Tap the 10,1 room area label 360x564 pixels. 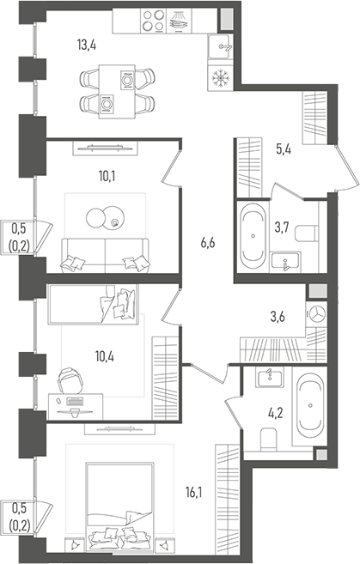[107, 179]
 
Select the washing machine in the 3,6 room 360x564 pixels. [316, 314]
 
